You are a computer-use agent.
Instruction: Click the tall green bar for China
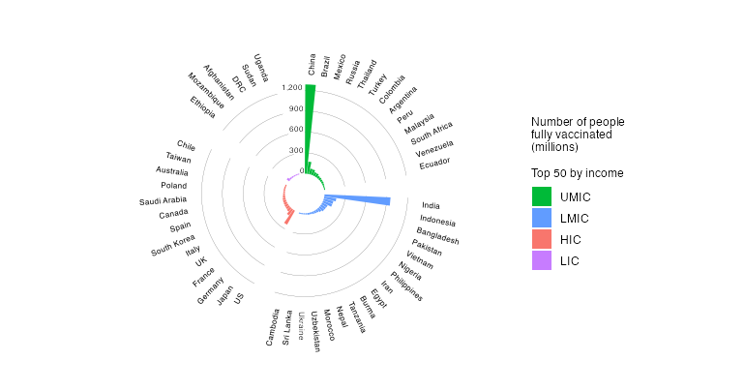[x=310, y=126]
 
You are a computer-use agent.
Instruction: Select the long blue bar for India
[x=358, y=199]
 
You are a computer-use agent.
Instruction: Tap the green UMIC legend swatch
[x=542, y=196]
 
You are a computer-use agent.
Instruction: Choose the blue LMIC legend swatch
[x=542, y=218]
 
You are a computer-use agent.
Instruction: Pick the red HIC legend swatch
[x=542, y=239]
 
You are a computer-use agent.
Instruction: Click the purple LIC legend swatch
[x=542, y=260]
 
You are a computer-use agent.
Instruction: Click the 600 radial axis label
[x=295, y=130]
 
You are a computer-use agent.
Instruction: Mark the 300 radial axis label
[x=295, y=151]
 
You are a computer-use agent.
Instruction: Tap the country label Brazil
[x=325, y=66]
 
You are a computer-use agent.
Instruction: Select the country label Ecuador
[x=434, y=164]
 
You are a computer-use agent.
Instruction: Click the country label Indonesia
[x=437, y=222]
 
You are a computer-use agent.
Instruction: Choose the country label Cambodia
[x=275, y=327]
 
